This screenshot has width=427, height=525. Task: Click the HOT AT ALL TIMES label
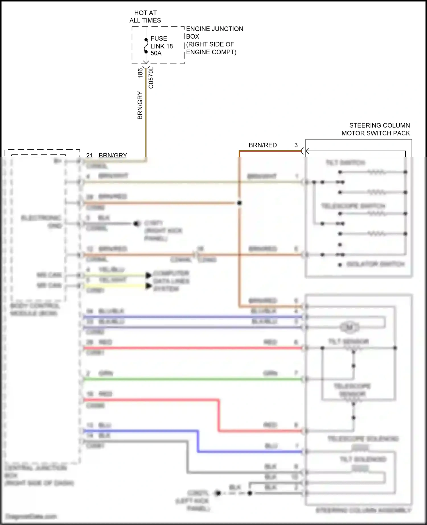point(145,16)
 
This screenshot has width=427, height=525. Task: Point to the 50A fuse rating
point(156,53)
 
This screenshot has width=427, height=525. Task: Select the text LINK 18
point(162,46)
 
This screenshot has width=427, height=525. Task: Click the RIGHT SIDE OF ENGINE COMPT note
point(211,48)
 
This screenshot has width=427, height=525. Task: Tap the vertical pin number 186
point(140,73)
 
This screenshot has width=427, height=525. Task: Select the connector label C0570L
point(151,78)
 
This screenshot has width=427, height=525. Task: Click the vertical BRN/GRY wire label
point(140,105)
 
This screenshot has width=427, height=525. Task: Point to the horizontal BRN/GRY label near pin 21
point(113,155)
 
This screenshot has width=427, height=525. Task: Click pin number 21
point(89,155)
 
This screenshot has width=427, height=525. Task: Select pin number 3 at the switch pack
point(296,145)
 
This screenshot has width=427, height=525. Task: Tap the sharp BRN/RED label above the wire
point(262,145)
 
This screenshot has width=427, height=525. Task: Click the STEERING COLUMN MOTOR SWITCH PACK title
point(376,129)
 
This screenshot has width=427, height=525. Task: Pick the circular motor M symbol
point(350,327)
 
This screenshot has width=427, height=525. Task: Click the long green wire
point(194,379)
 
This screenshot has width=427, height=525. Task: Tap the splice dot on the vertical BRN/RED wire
point(239,203)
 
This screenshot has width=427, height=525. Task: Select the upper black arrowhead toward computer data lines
point(149,275)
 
